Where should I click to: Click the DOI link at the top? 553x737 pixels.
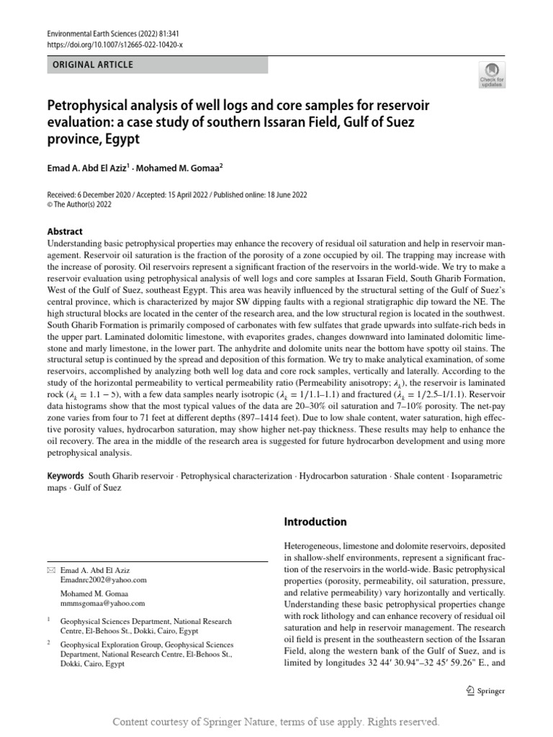coord(114,44)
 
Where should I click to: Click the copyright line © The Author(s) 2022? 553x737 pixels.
coord(79,204)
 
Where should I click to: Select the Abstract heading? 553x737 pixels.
coord(66,232)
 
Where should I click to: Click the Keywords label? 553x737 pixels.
coord(65,476)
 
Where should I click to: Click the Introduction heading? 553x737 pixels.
coord(315,522)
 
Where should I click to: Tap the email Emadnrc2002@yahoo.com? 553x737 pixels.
coord(104,579)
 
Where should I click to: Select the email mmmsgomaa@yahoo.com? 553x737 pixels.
coord(102,603)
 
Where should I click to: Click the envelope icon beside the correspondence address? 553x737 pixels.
coord(50,569)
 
